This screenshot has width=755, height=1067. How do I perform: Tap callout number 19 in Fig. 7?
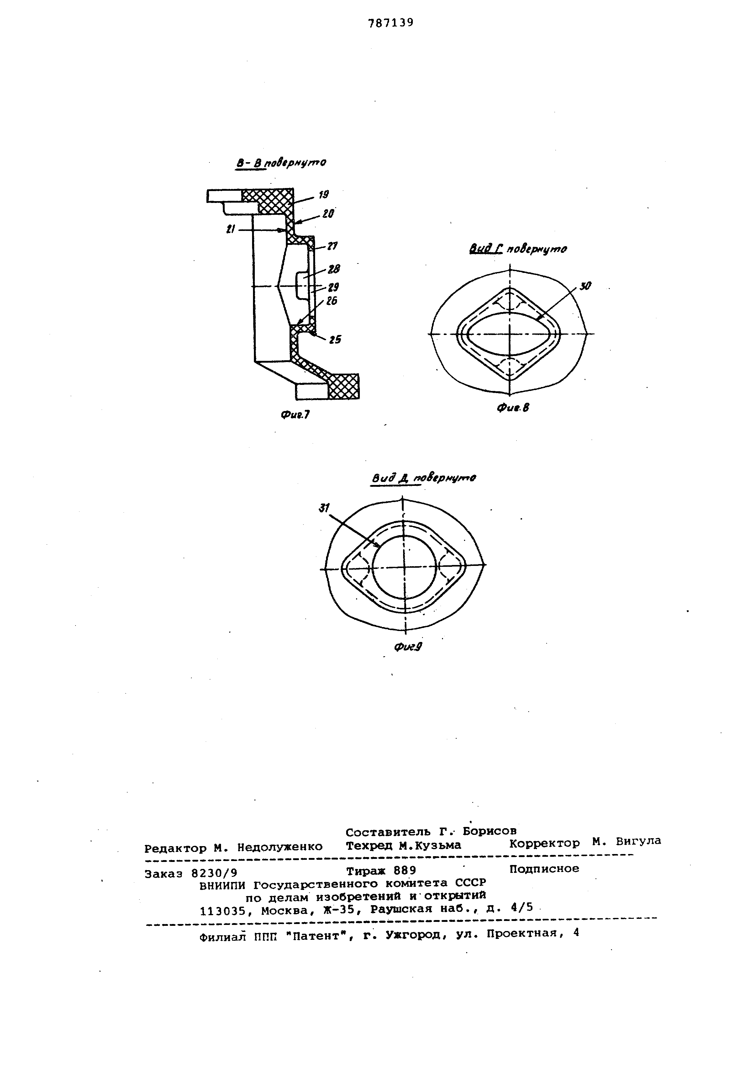324,195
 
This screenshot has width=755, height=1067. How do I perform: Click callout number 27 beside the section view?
332,246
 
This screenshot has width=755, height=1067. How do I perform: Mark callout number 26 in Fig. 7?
332,301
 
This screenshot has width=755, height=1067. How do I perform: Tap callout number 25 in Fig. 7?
335,340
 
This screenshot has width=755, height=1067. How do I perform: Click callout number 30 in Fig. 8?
585,287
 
